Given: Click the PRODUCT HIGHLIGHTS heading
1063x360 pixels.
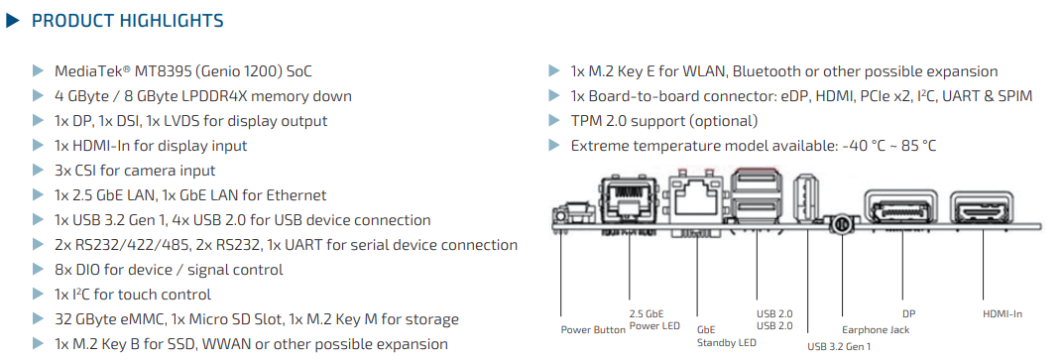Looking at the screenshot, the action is coord(128,21).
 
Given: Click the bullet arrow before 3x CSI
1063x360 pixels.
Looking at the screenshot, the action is coord(38,171).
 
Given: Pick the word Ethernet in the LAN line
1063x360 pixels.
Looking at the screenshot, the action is coord(295,195).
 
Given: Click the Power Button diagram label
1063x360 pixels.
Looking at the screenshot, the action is coord(593,330).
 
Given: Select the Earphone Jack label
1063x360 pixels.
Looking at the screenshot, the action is coord(875,329).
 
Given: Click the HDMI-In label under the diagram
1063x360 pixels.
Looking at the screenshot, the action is coord(1002,314).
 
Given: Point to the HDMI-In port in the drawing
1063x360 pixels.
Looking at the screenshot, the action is coord(984,208).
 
